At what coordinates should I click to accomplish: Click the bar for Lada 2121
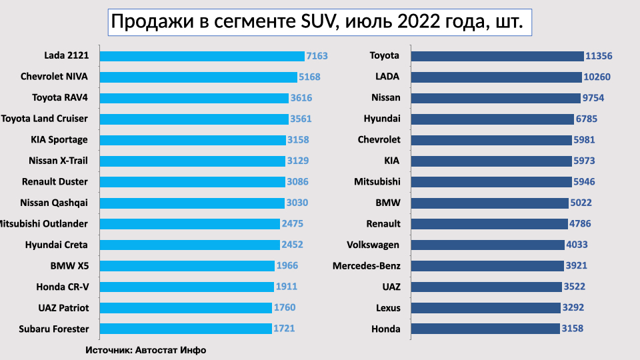[201, 55]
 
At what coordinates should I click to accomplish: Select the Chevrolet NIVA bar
[198, 77]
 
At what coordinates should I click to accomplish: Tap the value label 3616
[301, 98]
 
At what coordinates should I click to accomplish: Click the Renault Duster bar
[192, 181]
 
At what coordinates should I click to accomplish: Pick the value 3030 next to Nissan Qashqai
[297, 203]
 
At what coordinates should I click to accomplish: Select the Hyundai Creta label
[57, 245]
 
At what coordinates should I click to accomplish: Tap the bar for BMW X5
[187, 265]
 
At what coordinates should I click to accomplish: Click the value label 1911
[286, 287]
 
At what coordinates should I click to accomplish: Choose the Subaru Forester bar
[185, 329]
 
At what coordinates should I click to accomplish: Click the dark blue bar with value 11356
[497, 55]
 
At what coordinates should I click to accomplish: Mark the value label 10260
[597, 77]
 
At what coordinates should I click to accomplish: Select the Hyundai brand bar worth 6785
[492, 119]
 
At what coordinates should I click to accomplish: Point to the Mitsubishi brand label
[377, 181]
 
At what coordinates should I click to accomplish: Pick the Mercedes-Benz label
[367, 266]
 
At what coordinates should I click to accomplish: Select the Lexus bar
[485, 307]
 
